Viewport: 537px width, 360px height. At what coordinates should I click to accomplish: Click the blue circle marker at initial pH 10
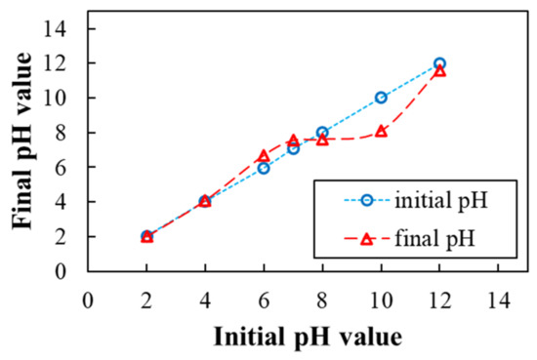[381, 98]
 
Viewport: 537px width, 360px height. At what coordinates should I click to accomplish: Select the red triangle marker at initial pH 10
[381, 131]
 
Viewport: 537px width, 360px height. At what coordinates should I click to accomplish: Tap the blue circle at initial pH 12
[439, 63]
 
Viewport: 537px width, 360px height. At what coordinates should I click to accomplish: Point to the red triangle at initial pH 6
[264, 156]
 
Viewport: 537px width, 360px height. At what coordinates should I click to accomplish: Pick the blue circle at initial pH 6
[264, 168]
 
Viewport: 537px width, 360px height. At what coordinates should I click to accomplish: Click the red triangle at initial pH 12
[439, 70]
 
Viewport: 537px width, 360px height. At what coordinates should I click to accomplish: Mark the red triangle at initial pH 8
[322, 140]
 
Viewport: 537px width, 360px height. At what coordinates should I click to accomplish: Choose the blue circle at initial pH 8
[322, 132]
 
